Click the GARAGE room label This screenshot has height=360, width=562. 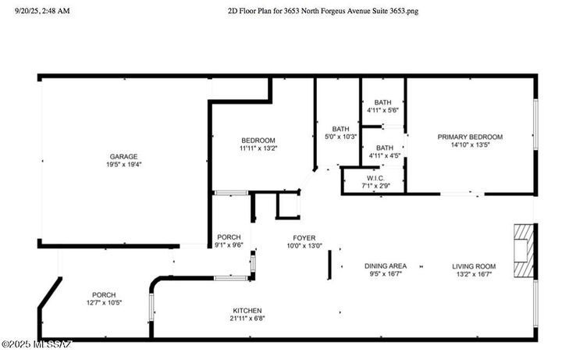coord(123,156)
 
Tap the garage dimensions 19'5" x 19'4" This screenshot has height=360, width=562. coord(123,165)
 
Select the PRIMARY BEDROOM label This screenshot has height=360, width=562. coord(470,137)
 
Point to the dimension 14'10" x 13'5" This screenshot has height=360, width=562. coord(470,145)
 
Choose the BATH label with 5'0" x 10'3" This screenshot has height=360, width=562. coord(340,129)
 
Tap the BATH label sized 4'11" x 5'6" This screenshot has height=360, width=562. coord(382,102)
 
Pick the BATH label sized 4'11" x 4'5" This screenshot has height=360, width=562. coord(384,148)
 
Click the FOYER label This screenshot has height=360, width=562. coord(304,237)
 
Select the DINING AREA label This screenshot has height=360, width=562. coord(386,266)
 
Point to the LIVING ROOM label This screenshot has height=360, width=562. coord(474,266)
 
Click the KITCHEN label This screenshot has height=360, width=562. coord(247,310)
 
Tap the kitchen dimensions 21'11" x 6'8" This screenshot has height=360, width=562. coord(247,319)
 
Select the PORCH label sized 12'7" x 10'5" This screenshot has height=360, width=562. coord(104,294)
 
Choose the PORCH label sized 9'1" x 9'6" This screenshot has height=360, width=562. coord(229,237)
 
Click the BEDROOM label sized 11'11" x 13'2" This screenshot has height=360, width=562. coord(258,140)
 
